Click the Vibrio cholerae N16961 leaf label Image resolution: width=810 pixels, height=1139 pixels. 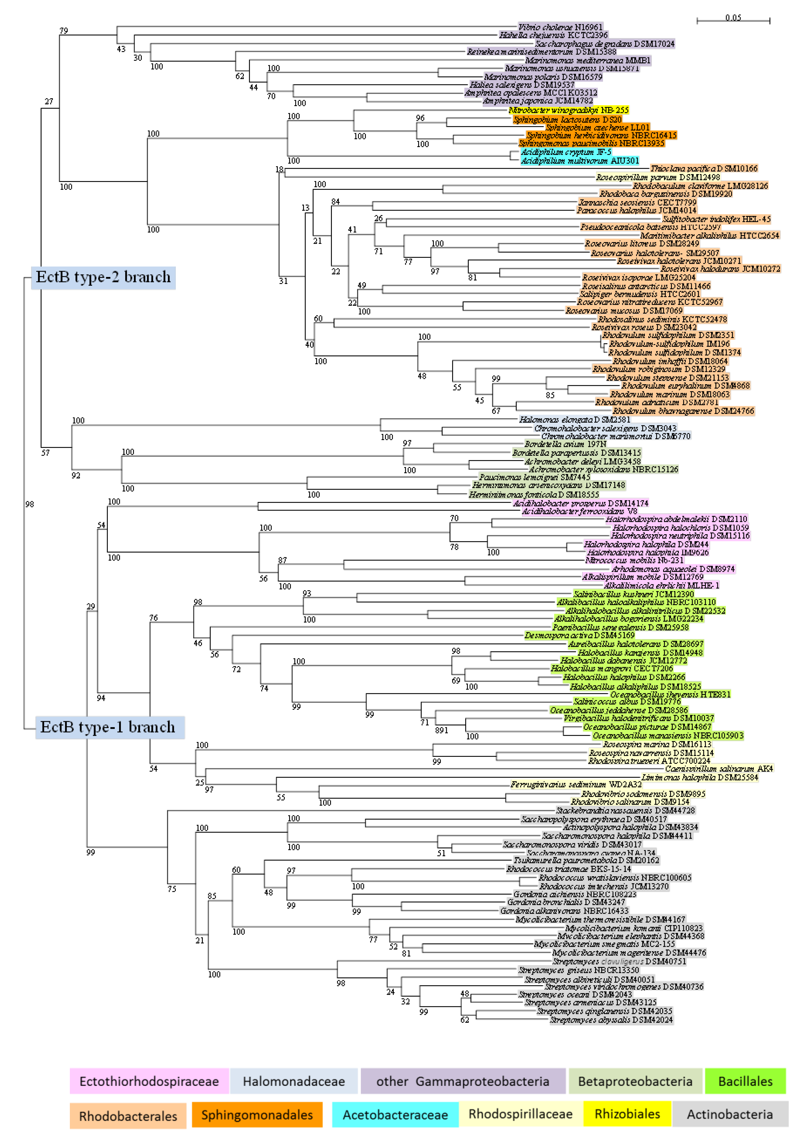coord(560,27)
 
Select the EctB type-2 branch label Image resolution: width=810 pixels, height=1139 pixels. coord(103,277)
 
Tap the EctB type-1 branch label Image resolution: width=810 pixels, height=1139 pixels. coord(108,727)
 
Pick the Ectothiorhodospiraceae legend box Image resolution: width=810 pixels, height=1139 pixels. coord(149,1081)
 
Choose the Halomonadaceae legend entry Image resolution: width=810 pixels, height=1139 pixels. coord(294,1081)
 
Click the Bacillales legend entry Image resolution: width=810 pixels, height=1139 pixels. coord(745,1081)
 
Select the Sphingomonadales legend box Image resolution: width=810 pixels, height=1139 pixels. coord(257,1114)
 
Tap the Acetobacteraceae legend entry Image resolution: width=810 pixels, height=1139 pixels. coord(395,1114)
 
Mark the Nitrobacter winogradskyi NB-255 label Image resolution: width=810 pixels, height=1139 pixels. coord(569,110)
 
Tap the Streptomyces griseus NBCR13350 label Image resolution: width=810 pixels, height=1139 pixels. coord(578,970)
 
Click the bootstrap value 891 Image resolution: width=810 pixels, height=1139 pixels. coord(441,730)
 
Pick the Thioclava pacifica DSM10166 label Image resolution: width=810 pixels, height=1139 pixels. coord(704,169)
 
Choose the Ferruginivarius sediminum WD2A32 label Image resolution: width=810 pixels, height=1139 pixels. coord(576,785)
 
